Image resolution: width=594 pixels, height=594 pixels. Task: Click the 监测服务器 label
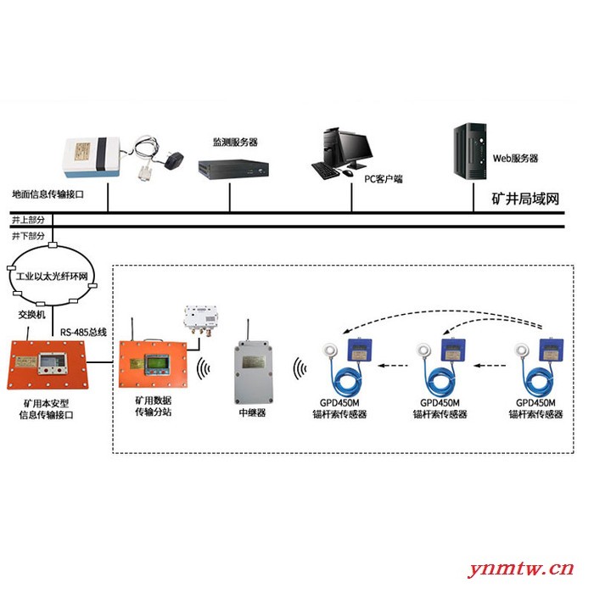(235, 143)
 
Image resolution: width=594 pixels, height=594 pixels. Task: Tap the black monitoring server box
(233, 168)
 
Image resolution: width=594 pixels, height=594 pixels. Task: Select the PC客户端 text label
(383, 179)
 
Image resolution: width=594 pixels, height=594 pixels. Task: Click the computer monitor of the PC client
(355, 149)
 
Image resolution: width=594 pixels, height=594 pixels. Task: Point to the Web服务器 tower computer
(470, 152)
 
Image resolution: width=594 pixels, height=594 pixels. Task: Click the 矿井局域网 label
(525, 199)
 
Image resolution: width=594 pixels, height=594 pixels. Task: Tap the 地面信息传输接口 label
(48, 194)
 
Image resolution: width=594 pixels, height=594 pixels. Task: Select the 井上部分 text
(28, 220)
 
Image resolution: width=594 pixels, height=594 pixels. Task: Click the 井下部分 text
(28, 236)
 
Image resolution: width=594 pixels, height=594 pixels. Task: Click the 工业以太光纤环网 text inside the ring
(52, 276)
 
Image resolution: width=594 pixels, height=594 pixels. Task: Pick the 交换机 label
(32, 315)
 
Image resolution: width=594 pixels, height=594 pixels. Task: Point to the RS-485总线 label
(83, 333)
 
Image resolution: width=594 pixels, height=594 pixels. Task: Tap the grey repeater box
(254, 373)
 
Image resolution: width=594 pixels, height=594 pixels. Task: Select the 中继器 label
(252, 412)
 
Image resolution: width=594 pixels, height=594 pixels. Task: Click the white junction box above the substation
(200, 317)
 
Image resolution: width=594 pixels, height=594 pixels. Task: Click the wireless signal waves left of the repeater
(203, 367)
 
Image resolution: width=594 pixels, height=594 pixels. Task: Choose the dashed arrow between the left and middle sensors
(393, 366)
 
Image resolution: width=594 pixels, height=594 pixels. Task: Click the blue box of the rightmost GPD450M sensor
(552, 350)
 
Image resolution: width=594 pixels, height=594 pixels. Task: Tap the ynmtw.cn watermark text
(520, 569)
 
